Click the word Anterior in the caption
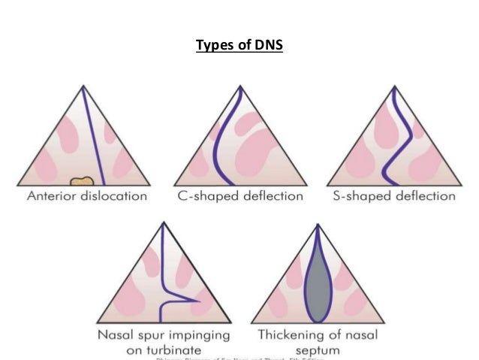tap(55, 197)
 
